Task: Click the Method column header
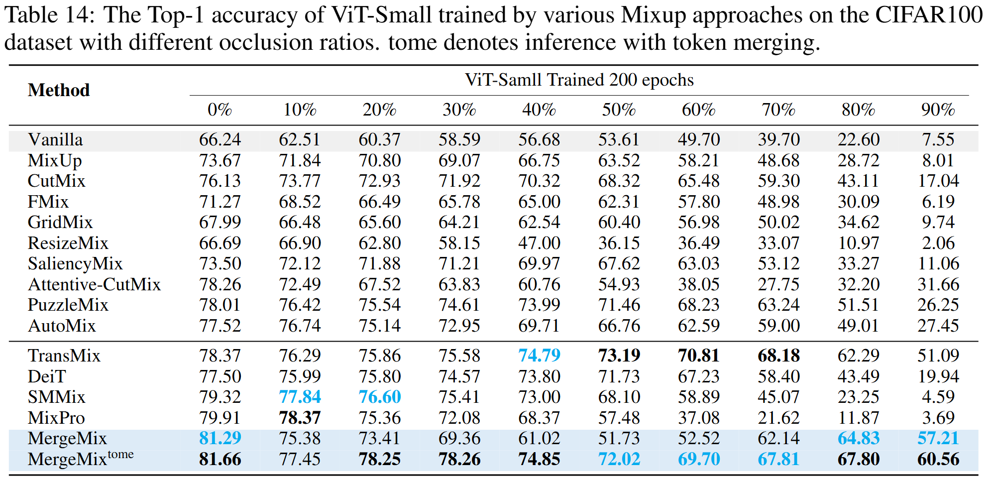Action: [59, 90]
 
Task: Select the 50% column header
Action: [619, 110]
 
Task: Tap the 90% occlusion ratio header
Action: [938, 110]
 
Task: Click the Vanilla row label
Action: [55, 140]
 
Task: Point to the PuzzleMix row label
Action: [68, 305]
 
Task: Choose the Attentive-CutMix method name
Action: [94, 284]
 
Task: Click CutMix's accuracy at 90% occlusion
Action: [938, 181]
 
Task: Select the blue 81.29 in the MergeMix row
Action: [220, 438]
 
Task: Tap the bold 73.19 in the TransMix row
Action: [619, 356]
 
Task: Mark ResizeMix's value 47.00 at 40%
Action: [539, 243]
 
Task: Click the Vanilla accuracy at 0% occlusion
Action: [220, 140]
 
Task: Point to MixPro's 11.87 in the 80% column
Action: [858, 418]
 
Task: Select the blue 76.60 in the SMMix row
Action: [380, 397]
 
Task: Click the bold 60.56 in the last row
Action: [938, 459]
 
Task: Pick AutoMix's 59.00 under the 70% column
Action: [778, 326]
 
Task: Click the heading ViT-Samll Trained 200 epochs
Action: [579, 80]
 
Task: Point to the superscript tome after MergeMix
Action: [120, 454]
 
